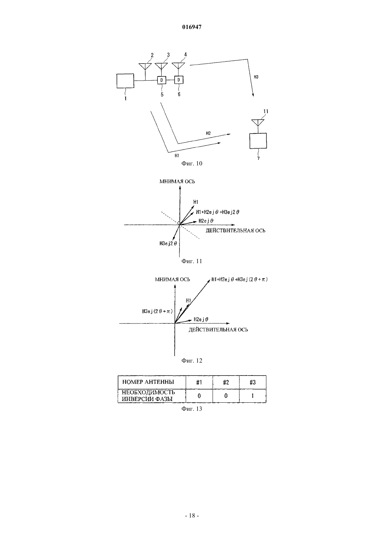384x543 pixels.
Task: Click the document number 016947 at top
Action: [192, 27]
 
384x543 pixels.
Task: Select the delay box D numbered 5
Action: [162, 80]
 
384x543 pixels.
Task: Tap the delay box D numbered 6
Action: [179, 80]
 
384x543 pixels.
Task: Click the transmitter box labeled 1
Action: [125, 81]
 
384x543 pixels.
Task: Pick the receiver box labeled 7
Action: [258, 141]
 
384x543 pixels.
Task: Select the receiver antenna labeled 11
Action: [258, 122]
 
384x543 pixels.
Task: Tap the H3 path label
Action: [256, 77]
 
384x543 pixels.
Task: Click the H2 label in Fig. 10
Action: [208, 133]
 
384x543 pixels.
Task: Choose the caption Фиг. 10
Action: [192, 163]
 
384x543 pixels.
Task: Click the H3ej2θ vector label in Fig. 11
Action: [168, 244]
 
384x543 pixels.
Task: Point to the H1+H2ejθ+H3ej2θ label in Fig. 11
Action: [217, 212]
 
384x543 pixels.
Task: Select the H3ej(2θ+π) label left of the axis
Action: [157, 311]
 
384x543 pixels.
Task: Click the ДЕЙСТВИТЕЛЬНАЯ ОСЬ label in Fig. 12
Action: [218, 330]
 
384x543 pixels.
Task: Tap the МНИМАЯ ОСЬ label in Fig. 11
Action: [177, 181]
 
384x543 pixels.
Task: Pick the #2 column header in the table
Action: [226, 382]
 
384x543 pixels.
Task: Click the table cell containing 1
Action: [253, 396]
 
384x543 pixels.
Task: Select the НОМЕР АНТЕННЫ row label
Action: [148, 382]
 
